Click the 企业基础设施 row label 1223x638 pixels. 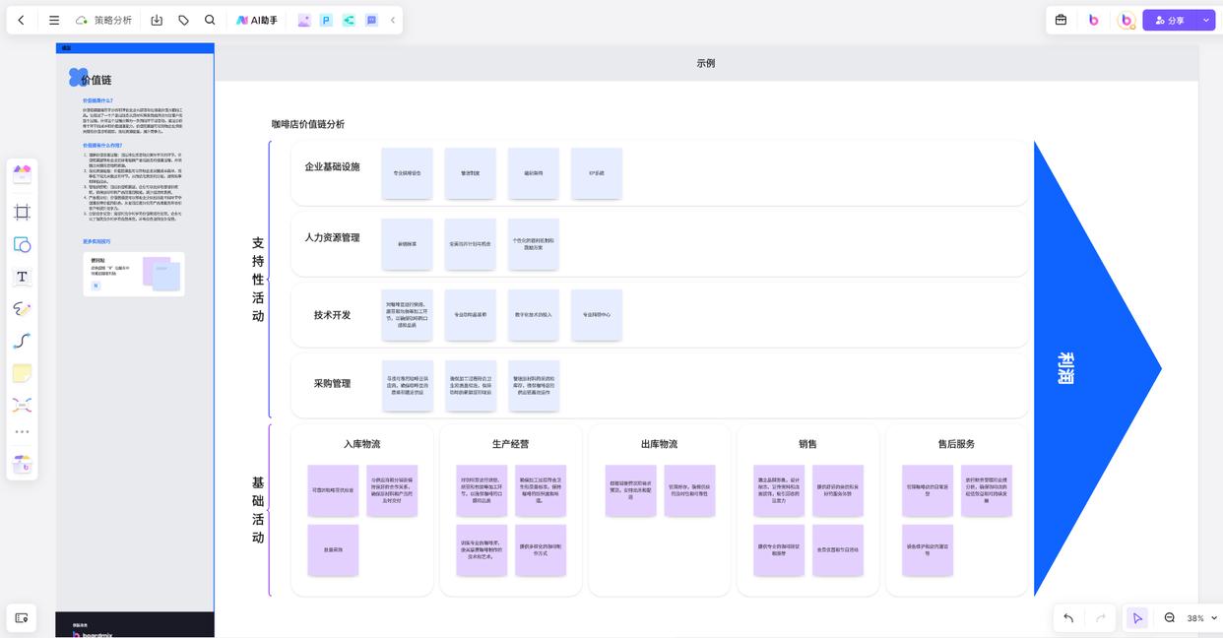(332, 167)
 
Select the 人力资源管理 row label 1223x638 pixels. (332, 238)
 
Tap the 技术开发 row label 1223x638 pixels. (332, 315)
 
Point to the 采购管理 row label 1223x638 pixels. (332, 384)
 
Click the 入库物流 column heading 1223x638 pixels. (361, 444)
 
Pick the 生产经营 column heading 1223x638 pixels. (510, 444)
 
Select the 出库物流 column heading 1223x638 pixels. (659, 444)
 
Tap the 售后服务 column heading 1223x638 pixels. (956, 444)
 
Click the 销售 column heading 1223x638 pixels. (807, 444)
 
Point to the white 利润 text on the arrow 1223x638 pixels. (1065, 368)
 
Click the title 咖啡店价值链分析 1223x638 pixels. (308, 124)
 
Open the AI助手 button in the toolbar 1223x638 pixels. (257, 20)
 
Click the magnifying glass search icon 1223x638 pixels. (210, 20)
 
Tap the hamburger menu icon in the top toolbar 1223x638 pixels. (54, 20)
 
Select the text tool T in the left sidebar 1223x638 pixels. (22, 277)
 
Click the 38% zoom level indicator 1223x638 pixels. (1195, 618)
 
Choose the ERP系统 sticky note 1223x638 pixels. (597, 173)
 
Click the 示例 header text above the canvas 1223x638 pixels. (706, 63)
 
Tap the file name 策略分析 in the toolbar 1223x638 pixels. (112, 20)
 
